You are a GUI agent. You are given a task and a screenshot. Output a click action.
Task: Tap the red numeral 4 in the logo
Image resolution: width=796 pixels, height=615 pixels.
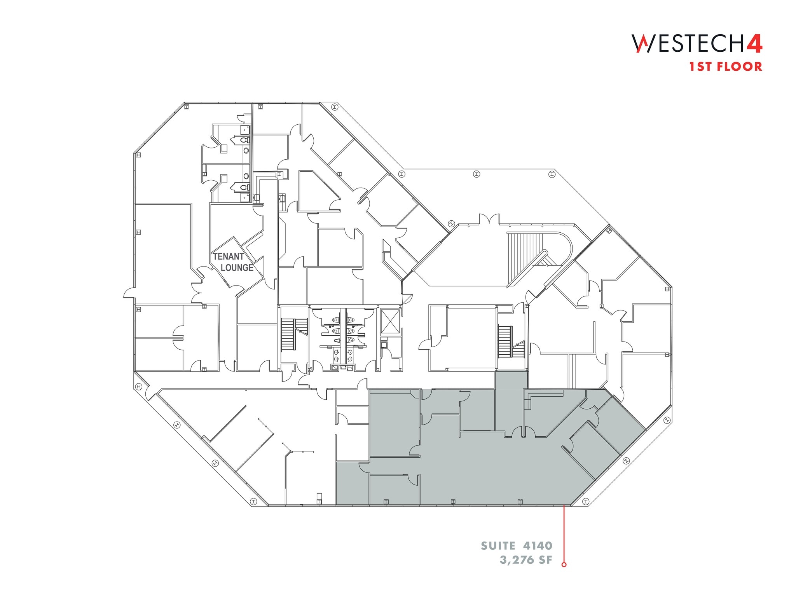tap(754, 44)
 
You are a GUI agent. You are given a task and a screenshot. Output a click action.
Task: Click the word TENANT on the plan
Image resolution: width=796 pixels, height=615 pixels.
tap(229, 257)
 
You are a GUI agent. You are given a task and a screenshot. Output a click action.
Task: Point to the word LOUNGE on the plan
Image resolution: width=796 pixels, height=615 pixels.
tap(237, 268)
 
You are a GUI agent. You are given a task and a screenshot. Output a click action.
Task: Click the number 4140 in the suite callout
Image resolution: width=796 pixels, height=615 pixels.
tap(538, 546)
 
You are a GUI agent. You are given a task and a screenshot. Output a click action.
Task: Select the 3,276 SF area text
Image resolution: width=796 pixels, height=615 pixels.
tap(526, 560)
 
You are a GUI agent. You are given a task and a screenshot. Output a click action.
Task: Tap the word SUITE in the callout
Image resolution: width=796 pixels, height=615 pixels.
tap(498, 546)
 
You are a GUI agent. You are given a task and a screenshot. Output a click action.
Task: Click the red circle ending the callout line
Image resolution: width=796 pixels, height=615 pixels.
tap(564, 564)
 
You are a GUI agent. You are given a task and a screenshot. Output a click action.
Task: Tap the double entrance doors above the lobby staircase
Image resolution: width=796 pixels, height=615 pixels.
tap(489, 220)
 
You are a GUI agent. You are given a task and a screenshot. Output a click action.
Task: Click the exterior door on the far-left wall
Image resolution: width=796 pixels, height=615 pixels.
tap(129, 293)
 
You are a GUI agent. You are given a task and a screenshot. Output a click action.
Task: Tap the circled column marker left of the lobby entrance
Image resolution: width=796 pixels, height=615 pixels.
tap(451, 224)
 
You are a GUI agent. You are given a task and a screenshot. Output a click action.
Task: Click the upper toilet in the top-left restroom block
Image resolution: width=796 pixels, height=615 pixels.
tap(243, 140)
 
